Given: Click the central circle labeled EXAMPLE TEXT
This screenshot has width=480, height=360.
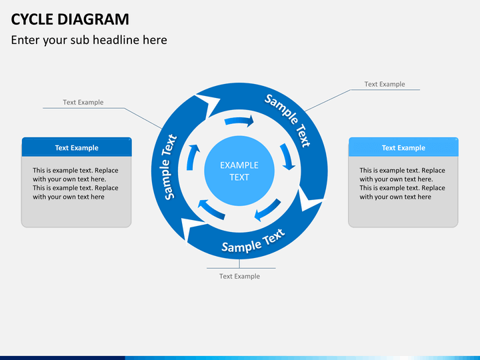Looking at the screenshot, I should (239, 171).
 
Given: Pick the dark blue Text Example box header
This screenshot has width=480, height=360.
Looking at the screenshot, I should (76, 147).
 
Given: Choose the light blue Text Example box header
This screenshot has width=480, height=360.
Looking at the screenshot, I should (403, 147).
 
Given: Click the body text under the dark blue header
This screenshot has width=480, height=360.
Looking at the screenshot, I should (75, 183).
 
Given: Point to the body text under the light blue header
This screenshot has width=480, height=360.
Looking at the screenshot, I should (402, 183).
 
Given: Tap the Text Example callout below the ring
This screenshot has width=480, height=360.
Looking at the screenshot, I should (239, 276).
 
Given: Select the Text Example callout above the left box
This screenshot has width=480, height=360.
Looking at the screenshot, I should (83, 102).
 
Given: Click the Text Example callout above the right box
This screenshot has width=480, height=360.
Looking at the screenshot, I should (384, 84).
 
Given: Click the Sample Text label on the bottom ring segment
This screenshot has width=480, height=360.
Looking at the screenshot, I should (253, 241).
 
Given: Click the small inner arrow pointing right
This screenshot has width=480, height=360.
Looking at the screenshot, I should (239, 121).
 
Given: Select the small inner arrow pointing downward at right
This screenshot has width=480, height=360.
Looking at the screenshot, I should (288, 157).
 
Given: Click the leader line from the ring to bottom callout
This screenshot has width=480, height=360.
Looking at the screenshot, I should (239, 264).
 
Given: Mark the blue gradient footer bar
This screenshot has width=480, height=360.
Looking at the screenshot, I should (240, 357).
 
